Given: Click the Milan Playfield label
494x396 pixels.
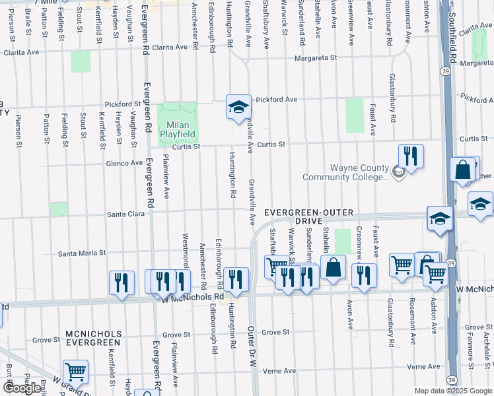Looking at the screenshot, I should (x=178, y=129).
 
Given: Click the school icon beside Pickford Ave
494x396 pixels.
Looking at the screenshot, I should (x=238, y=108).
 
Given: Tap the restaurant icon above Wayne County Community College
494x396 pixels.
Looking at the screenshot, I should (x=411, y=157).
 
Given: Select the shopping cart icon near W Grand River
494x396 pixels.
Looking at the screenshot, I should (x=76, y=372).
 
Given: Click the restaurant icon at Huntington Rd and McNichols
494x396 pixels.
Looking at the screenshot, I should (x=236, y=279).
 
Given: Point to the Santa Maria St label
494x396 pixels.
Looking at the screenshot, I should (x=83, y=253).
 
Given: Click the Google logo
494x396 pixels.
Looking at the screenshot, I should (x=22, y=388).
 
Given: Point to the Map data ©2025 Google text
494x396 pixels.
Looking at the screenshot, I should (x=452, y=391).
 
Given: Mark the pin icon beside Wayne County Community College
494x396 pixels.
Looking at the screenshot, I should (x=398, y=172).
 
